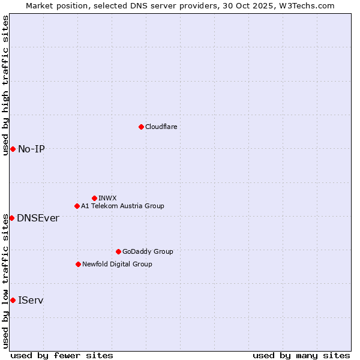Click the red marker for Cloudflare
[x=141, y=127]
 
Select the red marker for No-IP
[x=13, y=149]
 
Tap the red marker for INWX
[x=94, y=198]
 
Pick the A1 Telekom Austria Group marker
[x=77, y=206]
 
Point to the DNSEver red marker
[x=11, y=218]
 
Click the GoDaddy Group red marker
[x=118, y=251]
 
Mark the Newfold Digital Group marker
[x=78, y=264]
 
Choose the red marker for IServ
[x=13, y=300]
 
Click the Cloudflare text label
[x=161, y=127]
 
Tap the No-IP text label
[x=31, y=149]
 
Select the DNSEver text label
[x=38, y=218]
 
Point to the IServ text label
[x=31, y=300]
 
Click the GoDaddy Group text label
[x=148, y=251]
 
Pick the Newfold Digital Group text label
[x=117, y=264]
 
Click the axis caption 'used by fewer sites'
[x=62, y=355]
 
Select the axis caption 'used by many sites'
[x=301, y=355]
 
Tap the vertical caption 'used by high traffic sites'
[x=6, y=85]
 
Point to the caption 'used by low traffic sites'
[x=6, y=281]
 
